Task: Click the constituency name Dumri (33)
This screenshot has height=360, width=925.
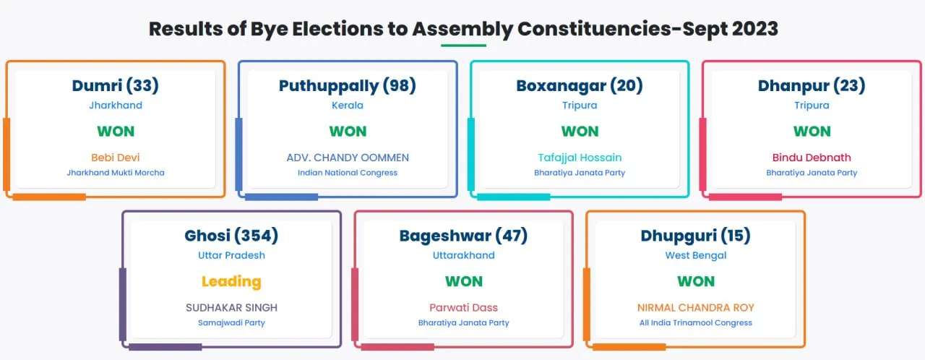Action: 115,85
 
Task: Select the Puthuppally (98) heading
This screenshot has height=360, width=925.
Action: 348,86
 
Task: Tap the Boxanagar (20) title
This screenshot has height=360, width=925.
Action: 580,85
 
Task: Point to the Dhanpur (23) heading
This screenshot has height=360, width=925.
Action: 812,86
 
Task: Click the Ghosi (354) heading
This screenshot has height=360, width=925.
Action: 231,236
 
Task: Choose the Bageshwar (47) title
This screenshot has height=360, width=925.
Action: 463,236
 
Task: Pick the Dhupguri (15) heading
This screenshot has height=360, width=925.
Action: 695,236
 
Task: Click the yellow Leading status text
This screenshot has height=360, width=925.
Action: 231,281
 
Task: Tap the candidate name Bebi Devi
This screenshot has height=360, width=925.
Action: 115,158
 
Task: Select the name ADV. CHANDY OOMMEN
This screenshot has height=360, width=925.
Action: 348,158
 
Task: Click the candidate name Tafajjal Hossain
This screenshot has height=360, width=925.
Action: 580,158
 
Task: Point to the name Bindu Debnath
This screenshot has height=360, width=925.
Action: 812,158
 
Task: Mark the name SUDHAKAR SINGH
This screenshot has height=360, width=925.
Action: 231,307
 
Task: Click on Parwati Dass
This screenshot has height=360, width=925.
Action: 463,307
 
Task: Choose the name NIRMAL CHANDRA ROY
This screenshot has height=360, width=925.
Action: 695,307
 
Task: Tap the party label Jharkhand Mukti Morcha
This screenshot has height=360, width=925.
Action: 116,173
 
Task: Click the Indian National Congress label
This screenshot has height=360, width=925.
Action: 348,173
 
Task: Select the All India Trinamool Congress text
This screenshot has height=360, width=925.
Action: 695,323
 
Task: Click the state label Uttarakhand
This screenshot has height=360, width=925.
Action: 463,255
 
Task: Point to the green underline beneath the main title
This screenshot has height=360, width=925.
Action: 463,46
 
